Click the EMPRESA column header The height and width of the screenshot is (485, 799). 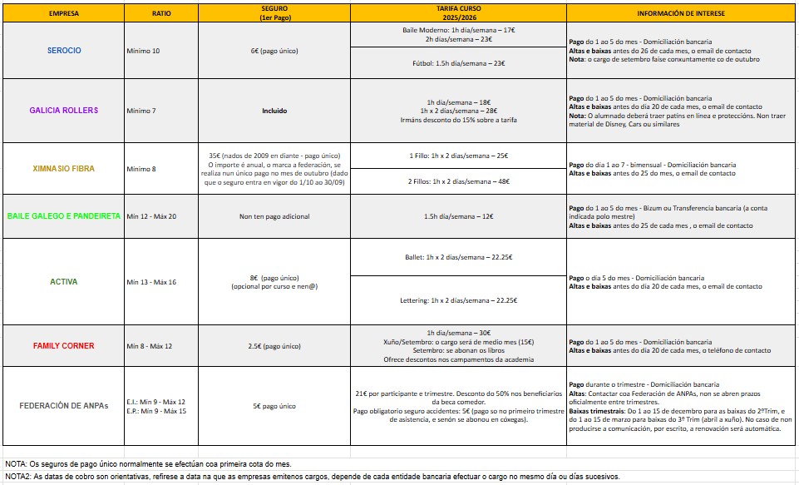(63, 14)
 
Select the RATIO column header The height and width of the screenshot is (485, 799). (161, 14)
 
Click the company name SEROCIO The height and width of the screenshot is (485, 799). (63, 51)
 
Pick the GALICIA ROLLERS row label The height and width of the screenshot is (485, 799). (63, 111)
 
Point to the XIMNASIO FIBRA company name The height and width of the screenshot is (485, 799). (63, 169)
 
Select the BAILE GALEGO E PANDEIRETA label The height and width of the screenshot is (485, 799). (63, 216)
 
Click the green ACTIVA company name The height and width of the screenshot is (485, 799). (63, 282)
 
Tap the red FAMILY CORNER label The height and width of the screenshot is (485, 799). (63, 345)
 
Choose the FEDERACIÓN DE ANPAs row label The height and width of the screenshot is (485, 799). (63, 406)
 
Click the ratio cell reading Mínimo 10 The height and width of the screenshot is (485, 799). (143, 51)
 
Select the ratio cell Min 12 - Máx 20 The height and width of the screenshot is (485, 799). (151, 216)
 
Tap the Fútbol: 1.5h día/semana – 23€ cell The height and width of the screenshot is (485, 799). (458, 63)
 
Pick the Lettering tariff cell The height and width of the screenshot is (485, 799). (458, 299)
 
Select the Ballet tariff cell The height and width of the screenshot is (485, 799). (458, 257)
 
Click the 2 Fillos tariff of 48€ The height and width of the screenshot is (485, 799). (458, 181)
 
